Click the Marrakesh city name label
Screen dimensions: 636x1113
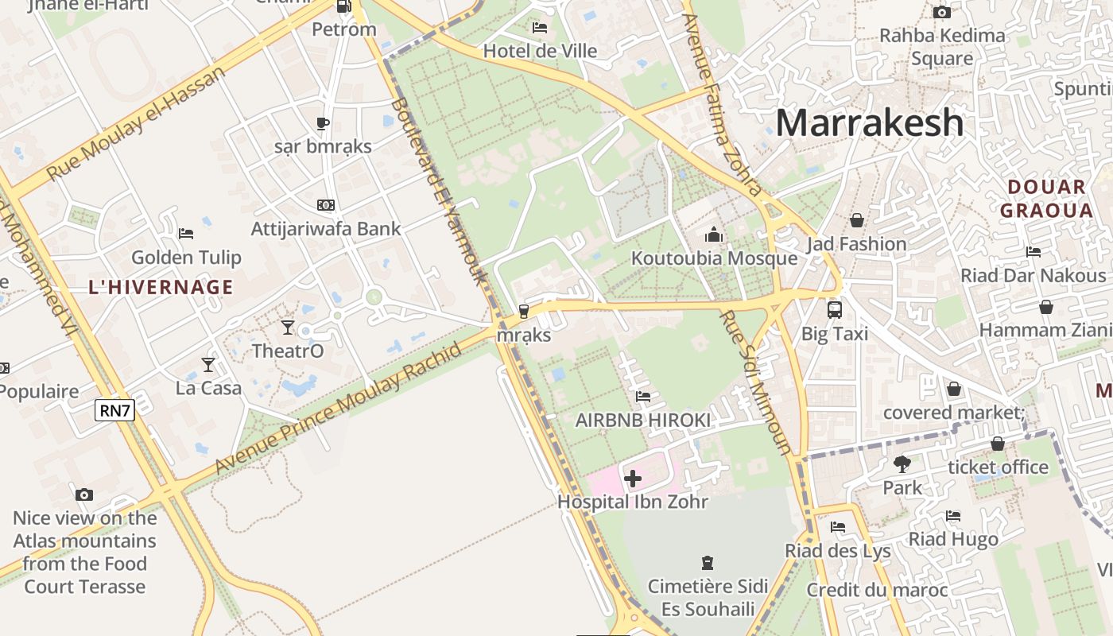coord(869,123)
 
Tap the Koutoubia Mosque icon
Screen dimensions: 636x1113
coord(714,235)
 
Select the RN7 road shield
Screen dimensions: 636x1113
coord(114,410)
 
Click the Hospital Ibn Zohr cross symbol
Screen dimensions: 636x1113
coord(633,479)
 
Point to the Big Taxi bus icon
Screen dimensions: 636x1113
coord(834,309)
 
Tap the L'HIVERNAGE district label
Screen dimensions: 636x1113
coord(161,287)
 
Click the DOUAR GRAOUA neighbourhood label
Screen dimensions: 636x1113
coord(1046,199)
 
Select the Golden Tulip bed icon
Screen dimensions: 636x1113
coord(186,233)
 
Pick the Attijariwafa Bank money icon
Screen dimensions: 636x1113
coord(325,205)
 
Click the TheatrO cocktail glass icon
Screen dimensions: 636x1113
coord(288,327)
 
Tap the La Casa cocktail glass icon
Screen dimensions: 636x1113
coord(208,364)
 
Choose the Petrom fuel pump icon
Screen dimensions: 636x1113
coord(343,6)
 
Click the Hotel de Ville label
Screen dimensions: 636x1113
coord(541,51)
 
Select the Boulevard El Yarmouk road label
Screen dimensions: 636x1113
coord(436,191)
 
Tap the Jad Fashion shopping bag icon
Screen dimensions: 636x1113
coord(857,220)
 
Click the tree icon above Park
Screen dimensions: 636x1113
coord(902,463)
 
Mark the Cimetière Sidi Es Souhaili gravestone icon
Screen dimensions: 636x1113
coord(707,563)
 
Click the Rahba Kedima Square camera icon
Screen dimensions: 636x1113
coord(942,12)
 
